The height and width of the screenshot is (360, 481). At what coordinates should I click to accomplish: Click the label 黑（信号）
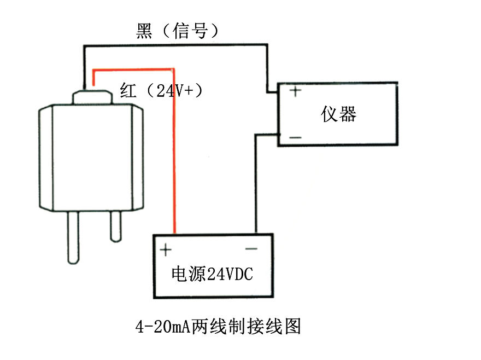(178, 31)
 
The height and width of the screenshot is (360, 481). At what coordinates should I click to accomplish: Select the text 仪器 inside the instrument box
(339, 114)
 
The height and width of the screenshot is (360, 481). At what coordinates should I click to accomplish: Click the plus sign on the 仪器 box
(295, 91)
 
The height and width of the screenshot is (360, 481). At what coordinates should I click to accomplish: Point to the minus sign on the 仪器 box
(295, 137)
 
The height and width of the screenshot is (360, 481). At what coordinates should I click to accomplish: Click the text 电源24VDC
(213, 274)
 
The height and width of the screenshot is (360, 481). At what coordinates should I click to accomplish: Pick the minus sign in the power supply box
(251, 249)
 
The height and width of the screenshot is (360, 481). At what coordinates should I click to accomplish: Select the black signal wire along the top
(175, 47)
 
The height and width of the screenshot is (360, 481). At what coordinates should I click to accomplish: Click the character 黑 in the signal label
(143, 31)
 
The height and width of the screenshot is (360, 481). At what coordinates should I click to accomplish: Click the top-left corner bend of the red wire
(94, 70)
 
